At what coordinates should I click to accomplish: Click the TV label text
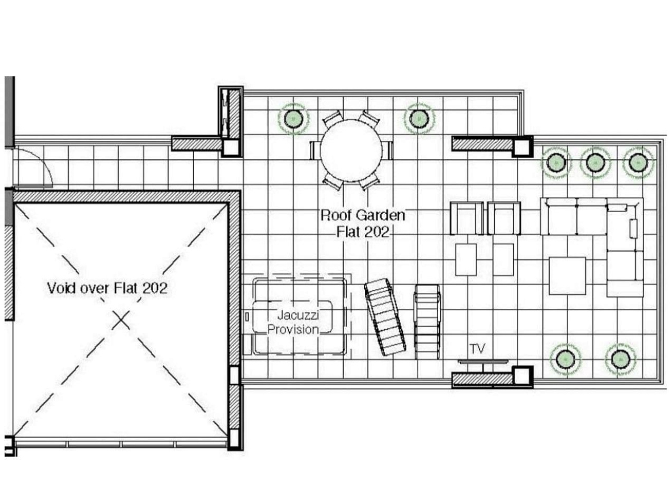coord(477,348)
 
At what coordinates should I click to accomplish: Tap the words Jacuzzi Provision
coord(294,323)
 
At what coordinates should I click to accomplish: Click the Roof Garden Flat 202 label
coord(363,223)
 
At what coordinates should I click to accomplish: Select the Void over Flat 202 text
coord(107,288)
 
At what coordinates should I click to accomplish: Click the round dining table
coord(351,150)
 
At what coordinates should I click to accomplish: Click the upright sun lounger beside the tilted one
coord(427,322)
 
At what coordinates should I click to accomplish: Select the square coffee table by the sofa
coord(567,276)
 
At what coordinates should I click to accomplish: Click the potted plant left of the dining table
coord(293,119)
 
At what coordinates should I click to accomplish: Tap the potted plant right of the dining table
coord(419,118)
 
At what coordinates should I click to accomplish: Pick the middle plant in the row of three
coord(595,162)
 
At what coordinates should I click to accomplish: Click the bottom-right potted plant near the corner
coord(621,359)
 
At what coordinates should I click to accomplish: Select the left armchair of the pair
coord(466,218)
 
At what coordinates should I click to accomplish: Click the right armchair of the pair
coord(504,218)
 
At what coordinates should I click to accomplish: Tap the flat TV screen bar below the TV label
coord(483,361)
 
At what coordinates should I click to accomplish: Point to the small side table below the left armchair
coord(466,259)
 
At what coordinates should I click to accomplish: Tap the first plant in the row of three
coord(556,162)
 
